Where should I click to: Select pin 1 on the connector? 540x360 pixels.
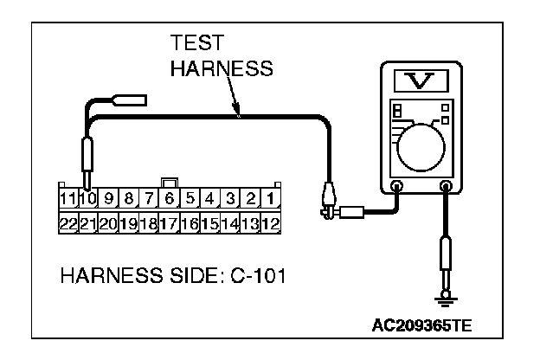271,198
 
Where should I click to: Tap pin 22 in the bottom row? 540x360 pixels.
68,222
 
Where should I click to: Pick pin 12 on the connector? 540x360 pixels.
270,222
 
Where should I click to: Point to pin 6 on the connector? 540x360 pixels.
170,198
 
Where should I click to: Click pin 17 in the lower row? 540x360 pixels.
169,222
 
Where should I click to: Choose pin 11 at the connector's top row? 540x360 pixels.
68,198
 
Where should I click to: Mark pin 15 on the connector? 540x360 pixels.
209,222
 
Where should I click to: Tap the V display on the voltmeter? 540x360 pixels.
421,83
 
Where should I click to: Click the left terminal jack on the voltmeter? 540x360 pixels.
397,184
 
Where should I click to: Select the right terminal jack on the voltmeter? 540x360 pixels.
447,184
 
